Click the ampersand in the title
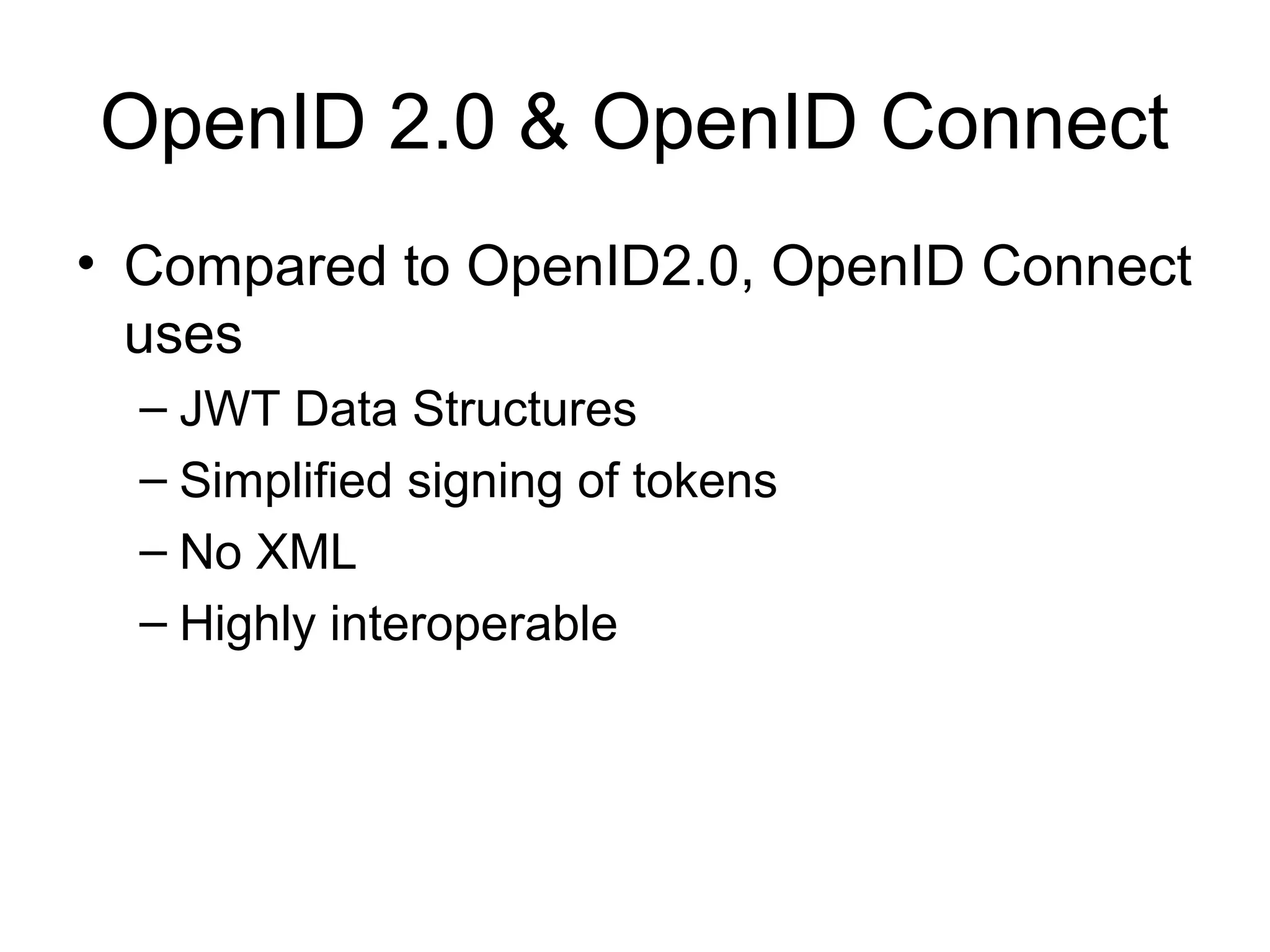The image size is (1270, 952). [544, 122]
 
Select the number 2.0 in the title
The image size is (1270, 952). [442, 122]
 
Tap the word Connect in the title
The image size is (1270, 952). [1024, 122]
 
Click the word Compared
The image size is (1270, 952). [255, 268]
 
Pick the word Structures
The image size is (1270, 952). [525, 410]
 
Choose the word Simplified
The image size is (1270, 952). [286, 481]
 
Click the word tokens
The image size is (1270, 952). [704, 481]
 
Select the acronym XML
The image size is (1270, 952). [306, 552]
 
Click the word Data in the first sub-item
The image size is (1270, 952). [345, 410]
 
